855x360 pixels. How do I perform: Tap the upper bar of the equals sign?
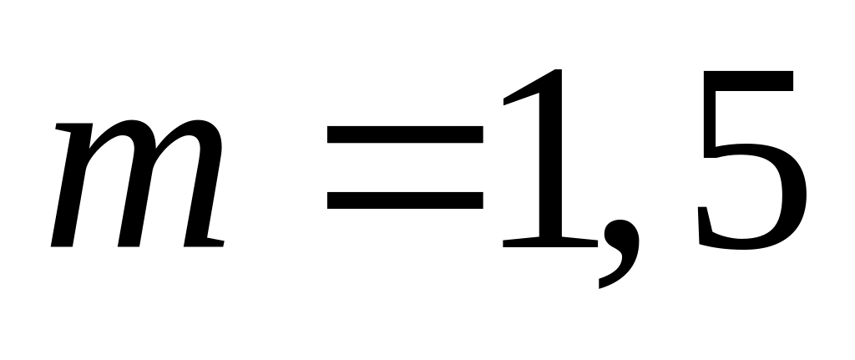point(405,134)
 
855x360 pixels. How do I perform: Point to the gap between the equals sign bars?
point(405,167)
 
